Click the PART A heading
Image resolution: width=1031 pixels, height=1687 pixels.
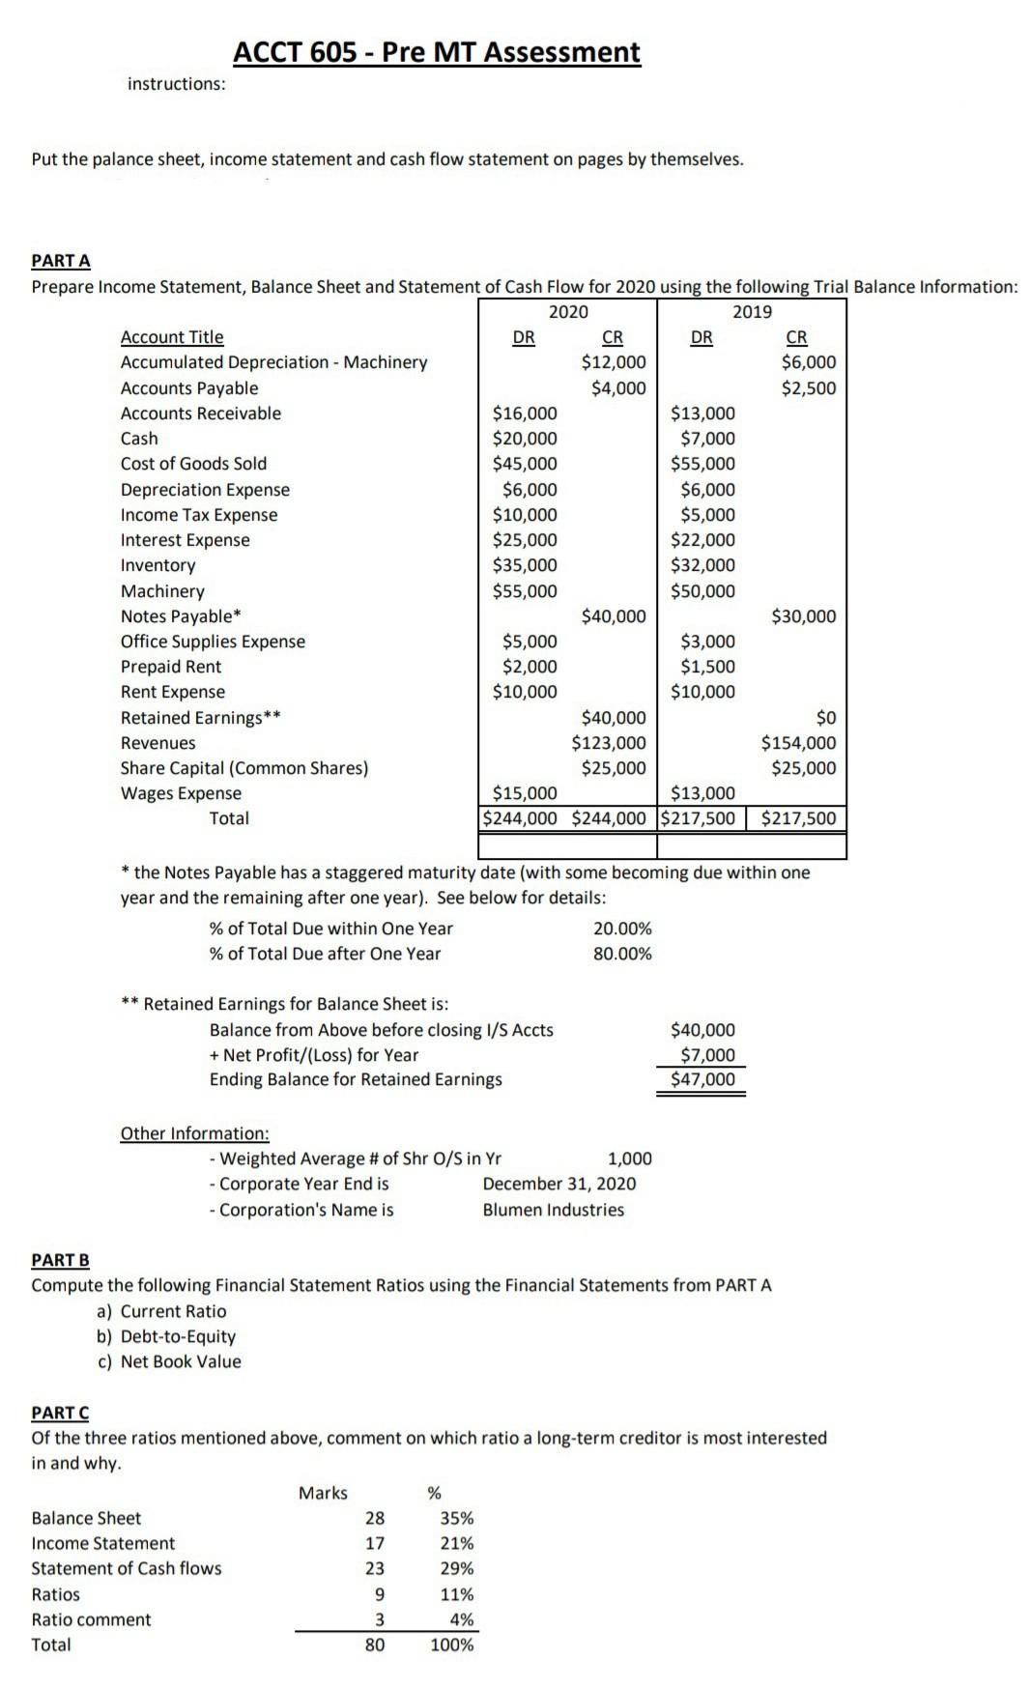click(61, 261)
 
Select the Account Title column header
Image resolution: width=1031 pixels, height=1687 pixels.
click(172, 337)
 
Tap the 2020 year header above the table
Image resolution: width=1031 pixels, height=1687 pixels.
click(568, 311)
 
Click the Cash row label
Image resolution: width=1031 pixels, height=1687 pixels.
click(139, 439)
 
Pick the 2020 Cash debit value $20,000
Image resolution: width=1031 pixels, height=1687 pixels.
click(525, 439)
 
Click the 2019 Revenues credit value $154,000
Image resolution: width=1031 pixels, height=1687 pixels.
click(798, 743)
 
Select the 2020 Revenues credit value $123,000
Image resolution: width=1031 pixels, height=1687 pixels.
click(609, 743)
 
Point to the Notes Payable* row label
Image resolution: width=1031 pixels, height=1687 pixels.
click(181, 616)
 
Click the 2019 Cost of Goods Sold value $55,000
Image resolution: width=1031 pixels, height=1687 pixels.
click(702, 464)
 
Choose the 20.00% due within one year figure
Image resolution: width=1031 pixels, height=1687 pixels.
click(622, 929)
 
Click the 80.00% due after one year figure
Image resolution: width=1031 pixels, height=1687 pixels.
click(622, 954)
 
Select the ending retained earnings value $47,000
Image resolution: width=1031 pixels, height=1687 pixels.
click(702, 1079)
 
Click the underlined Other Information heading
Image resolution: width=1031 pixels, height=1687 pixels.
click(194, 1133)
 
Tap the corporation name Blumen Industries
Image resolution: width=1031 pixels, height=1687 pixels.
click(554, 1210)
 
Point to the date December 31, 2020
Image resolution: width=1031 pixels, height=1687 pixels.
click(559, 1184)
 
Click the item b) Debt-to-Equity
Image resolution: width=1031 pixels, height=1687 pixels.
click(167, 1336)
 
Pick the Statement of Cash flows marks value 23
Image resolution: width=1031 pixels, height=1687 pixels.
click(374, 1568)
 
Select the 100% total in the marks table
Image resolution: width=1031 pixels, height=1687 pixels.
click(451, 1644)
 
